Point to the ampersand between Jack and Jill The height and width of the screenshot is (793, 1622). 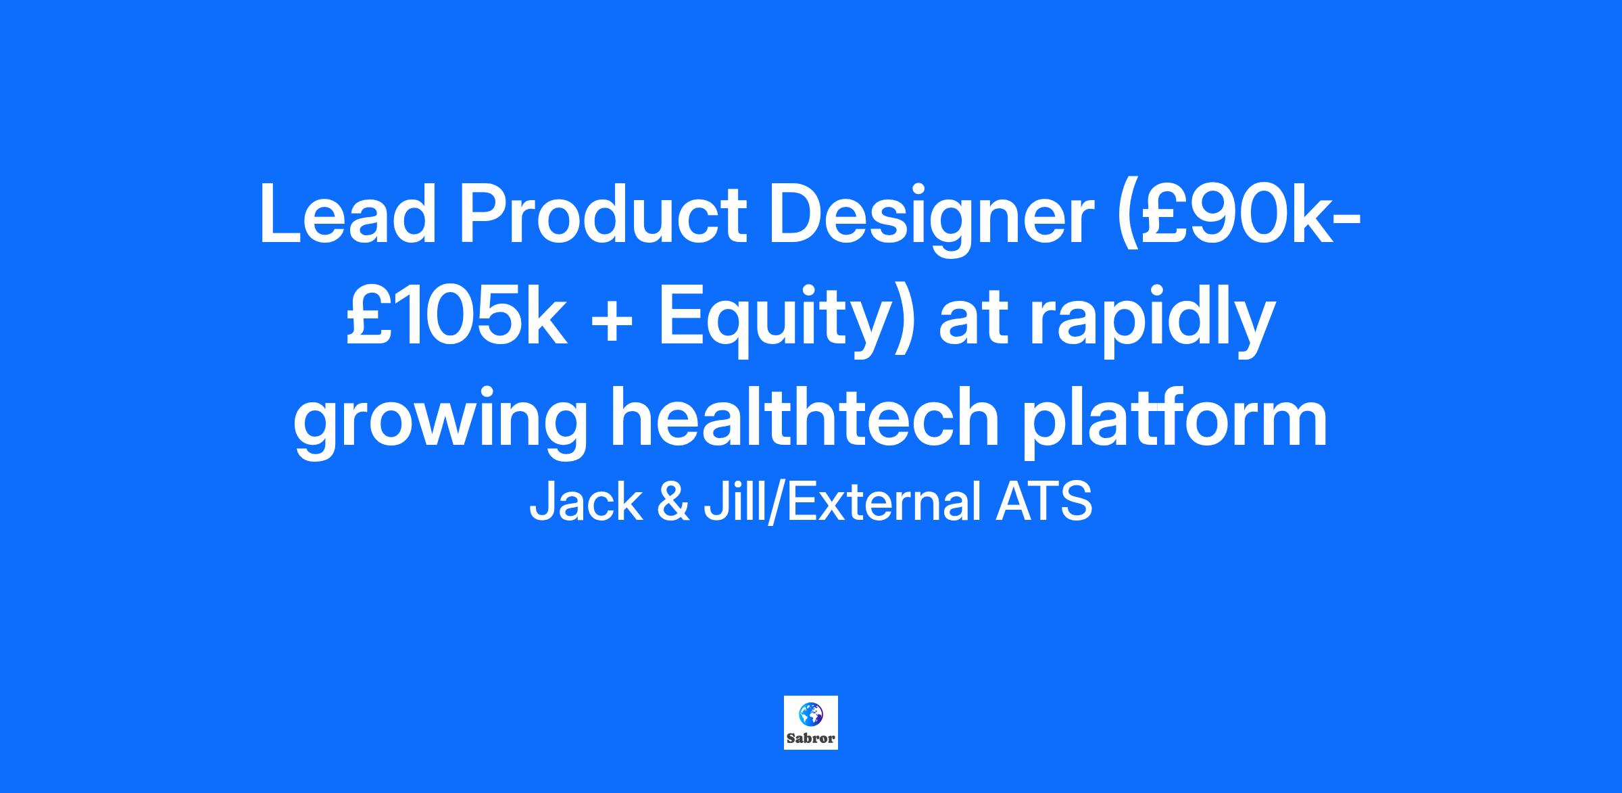pyautogui.click(x=673, y=502)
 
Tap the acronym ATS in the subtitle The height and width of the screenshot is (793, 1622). pyautogui.click(x=1043, y=502)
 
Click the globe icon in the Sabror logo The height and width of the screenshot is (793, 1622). pyautogui.click(x=810, y=714)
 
